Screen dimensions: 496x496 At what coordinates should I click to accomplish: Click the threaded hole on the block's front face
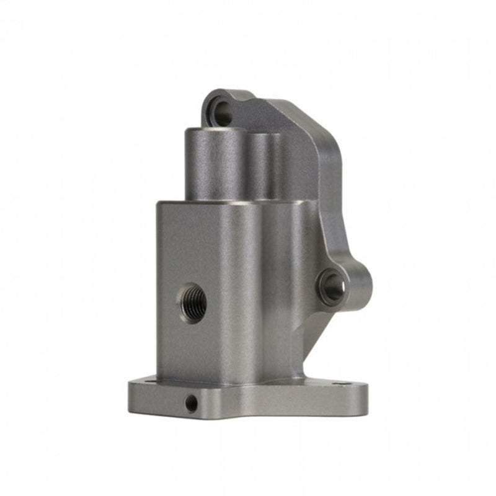pyautogui.click(x=193, y=302)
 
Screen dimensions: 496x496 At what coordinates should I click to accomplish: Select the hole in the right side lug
pyautogui.click(x=333, y=286)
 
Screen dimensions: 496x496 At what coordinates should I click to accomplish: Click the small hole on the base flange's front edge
pyautogui.click(x=192, y=404)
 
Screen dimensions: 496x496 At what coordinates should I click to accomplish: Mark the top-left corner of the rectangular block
pyautogui.click(x=158, y=202)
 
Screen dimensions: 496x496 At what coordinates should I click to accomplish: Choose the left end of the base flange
pyautogui.click(x=131, y=394)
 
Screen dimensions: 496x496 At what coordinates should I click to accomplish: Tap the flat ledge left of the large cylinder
pyautogui.click(x=170, y=201)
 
